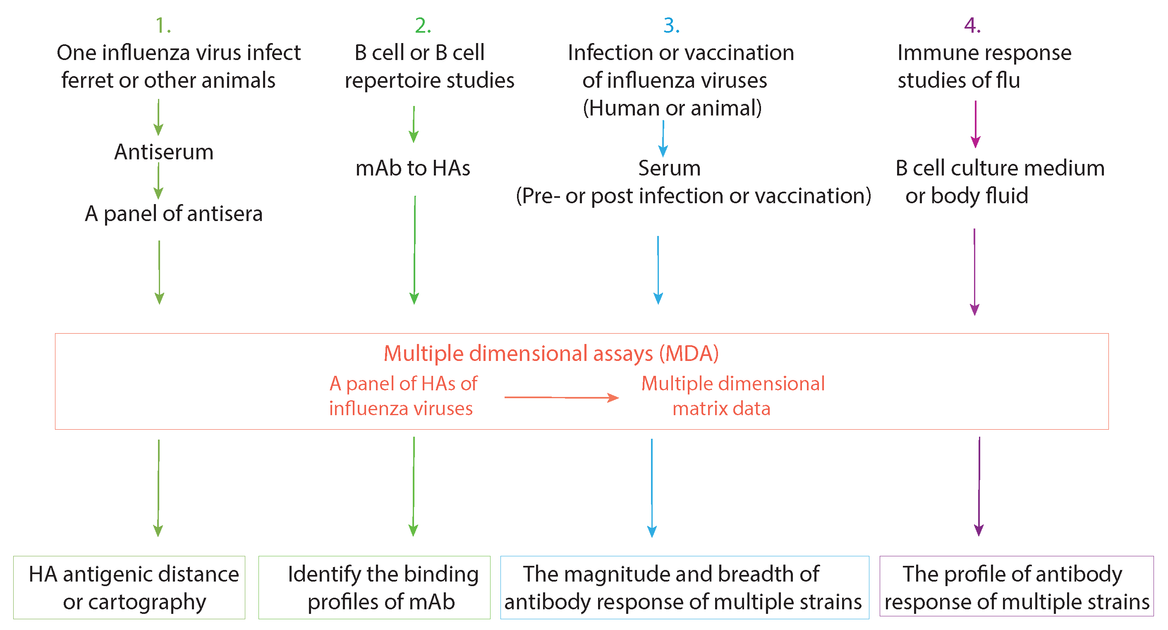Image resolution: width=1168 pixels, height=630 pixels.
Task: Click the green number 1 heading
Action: click(x=162, y=25)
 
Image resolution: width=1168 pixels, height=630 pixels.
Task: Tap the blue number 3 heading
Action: click(x=671, y=25)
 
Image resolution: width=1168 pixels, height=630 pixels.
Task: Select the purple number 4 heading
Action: click(x=972, y=25)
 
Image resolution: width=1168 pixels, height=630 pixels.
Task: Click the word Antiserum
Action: click(x=164, y=151)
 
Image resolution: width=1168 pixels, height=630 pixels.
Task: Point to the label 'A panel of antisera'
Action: click(x=174, y=213)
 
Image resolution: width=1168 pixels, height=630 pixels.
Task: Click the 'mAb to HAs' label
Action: click(x=413, y=168)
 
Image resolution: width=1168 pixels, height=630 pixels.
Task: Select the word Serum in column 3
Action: click(x=669, y=168)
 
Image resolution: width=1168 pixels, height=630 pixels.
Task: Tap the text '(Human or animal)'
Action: click(x=672, y=108)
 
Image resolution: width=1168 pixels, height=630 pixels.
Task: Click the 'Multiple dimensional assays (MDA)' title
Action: click(x=551, y=353)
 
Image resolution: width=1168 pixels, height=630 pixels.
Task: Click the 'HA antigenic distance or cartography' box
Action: click(x=129, y=587)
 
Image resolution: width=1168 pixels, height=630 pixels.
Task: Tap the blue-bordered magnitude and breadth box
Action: click(x=684, y=587)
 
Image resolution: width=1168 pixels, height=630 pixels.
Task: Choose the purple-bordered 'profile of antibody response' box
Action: click(x=1016, y=587)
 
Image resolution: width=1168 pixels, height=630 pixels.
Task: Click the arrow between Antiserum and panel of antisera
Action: click(x=158, y=180)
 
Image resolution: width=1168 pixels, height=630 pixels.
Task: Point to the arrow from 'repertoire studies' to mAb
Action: click(x=414, y=124)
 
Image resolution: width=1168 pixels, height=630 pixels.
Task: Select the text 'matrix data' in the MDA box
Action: click(x=721, y=409)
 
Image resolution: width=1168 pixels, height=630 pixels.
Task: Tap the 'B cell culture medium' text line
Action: click(x=1000, y=168)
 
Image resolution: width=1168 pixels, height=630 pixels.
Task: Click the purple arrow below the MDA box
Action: click(x=979, y=486)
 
